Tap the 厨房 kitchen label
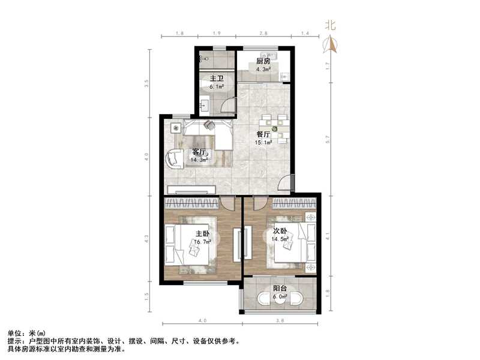[x=263, y=61]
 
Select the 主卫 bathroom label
[x=217, y=79]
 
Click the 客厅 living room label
[x=199, y=152]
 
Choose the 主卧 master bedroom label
[x=202, y=233]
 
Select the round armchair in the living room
[x=175, y=158]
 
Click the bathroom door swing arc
[x=227, y=105]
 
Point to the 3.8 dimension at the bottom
[x=280, y=321]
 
